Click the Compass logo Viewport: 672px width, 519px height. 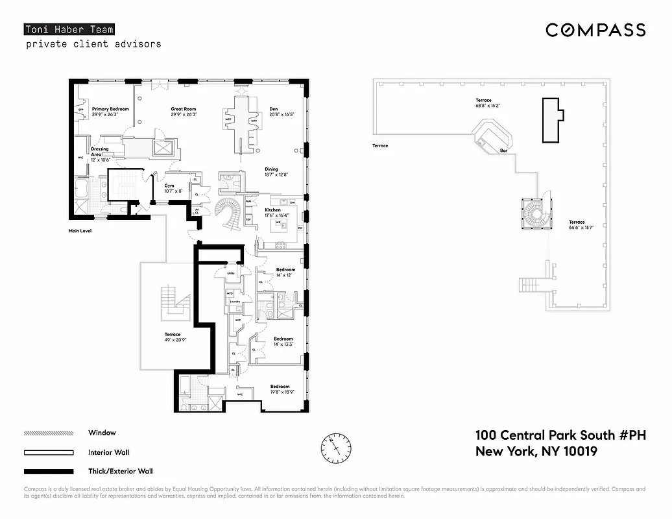595,30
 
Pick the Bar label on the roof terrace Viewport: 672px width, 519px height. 503,151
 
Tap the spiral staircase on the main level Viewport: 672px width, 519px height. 230,212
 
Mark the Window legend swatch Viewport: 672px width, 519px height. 49,433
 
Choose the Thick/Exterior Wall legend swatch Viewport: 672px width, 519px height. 49,472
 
